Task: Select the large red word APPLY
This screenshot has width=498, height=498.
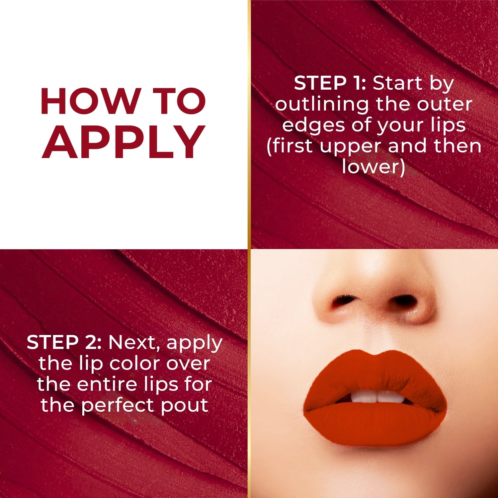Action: click(124, 143)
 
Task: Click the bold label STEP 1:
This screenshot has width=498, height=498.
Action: click(330, 83)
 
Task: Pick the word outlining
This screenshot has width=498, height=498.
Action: click(322, 104)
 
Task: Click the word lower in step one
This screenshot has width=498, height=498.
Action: click(373, 167)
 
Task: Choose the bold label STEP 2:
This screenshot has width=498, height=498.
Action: click(64, 342)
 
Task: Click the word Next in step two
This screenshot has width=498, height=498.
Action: click(135, 342)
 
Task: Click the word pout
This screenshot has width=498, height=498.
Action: click(185, 406)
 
